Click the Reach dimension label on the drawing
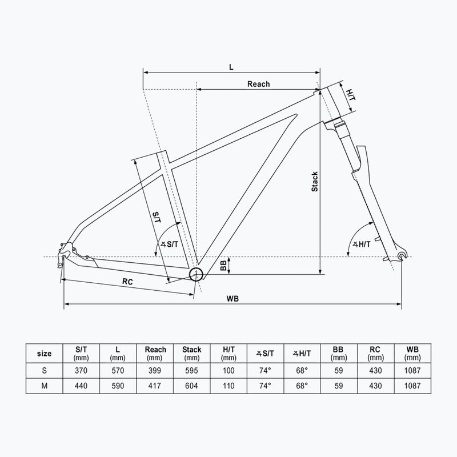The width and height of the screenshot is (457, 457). point(258,84)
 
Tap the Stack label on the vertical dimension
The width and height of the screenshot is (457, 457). point(314,182)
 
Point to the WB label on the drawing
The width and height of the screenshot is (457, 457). point(232,298)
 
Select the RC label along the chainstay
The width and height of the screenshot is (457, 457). point(127,282)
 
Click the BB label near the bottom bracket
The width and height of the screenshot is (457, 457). point(223,266)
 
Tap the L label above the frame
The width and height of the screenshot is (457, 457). point(231,66)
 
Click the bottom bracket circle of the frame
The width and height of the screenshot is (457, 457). point(197,274)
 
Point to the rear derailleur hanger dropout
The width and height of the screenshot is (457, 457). point(64,251)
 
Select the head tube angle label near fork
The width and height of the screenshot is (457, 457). point(362,244)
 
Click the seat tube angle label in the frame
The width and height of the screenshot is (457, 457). point(170,244)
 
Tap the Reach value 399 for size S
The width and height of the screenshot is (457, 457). point(155,370)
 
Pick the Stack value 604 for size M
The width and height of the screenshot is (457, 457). point(191,386)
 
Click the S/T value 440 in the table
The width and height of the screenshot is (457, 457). point(82,386)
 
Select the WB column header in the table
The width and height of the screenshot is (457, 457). point(411,353)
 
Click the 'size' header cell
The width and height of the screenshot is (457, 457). point(44,353)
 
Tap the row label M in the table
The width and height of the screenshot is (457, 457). point(44,386)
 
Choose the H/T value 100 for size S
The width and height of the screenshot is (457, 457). point(228,370)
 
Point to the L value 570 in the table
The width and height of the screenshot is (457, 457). point(118,370)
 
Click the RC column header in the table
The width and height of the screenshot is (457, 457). point(375,353)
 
